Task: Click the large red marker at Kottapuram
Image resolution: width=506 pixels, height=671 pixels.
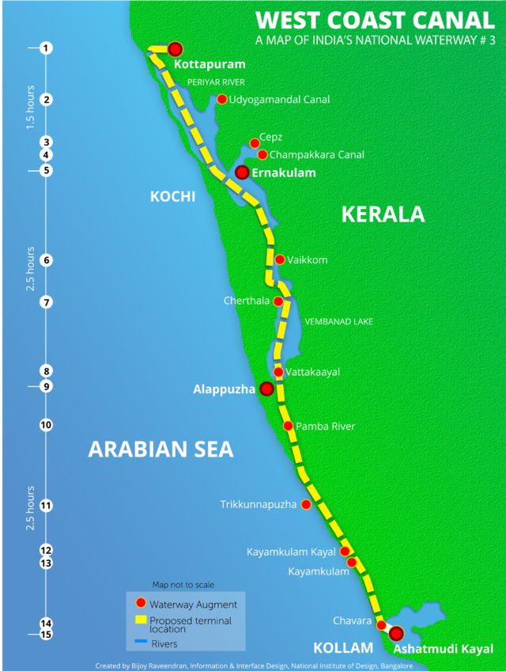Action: (x=175, y=49)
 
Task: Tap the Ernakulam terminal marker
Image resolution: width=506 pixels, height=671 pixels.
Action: (x=243, y=172)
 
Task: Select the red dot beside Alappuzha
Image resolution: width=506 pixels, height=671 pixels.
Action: (x=267, y=389)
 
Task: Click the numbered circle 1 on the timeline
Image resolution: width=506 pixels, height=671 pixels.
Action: (x=47, y=48)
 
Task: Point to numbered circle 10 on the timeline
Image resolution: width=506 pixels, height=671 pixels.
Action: (x=47, y=425)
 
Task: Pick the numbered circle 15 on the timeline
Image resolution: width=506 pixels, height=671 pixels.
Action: (x=47, y=634)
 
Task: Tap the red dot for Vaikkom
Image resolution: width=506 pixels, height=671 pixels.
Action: (x=280, y=260)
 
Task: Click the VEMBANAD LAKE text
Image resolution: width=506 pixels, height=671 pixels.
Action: (x=338, y=321)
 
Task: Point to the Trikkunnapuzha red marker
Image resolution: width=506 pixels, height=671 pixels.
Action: (x=306, y=504)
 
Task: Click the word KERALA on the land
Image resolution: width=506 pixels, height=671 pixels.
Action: (x=383, y=214)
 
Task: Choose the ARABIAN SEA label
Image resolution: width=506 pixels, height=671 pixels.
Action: (x=160, y=449)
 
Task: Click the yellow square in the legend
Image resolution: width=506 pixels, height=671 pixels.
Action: (x=141, y=621)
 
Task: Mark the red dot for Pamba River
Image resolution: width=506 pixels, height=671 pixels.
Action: (x=289, y=426)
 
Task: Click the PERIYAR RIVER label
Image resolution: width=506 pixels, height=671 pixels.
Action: (x=216, y=82)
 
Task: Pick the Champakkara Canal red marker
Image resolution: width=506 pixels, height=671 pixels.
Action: (x=262, y=154)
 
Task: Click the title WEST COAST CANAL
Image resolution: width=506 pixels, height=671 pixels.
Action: (x=375, y=21)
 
